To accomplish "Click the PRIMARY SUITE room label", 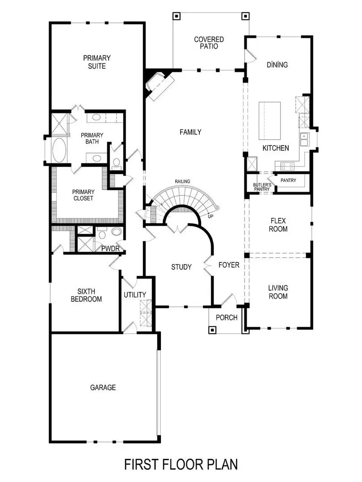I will coord(97,62).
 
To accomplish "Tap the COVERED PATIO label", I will coord(209,43).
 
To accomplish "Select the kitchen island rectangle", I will coord(270,121).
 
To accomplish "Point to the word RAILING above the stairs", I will coord(182,181).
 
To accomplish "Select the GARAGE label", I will coord(103,387).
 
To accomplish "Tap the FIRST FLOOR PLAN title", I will coord(181,464).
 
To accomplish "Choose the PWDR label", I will coord(110,249).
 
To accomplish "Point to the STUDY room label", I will coord(181,267).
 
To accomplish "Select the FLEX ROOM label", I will coord(278,225).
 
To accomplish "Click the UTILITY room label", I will coord(135,295).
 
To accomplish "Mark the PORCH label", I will coord(227,318).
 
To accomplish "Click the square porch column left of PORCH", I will coord(213,330).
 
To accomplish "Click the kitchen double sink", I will coord(304,139).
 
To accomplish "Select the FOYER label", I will coord(229,265).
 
